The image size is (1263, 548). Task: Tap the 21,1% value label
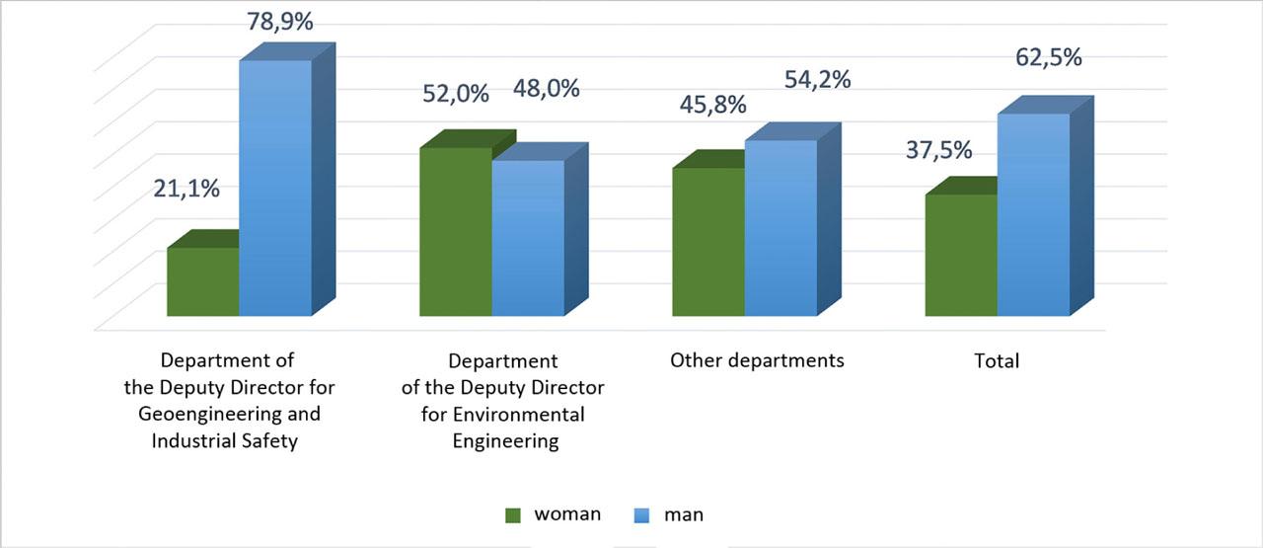pyautogui.click(x=186, y=189)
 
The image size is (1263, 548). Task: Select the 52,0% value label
pyautogui.click(x=456, y=94)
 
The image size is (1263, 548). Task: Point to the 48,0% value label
pyautogui.click(x=546, y=89)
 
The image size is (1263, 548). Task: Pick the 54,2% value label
pyautogui.click(x=818, y=80)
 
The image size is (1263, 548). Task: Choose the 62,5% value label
pyautogui.click(x=1049, y=57)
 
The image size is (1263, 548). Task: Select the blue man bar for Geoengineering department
pyautogui.click(x=275, y=188)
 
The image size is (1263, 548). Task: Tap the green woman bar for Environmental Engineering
pyautogui.click(x=455, y=232)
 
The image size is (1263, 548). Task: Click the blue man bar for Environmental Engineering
pyautogui.click(x=528, y=238)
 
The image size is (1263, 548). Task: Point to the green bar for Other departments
pyautogui.click(x=707, y=242)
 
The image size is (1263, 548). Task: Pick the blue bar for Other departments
pyautogui.click(x=780, y=228)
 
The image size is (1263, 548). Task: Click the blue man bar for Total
pyautogui.click(x=1033, y=215)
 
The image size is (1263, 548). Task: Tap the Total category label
pyautogui.click(x=997, y=361)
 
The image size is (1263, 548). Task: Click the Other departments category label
pyautogui.click(x=757, y=359)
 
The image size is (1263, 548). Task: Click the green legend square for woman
pyautogui.click(x=512, y=514)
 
